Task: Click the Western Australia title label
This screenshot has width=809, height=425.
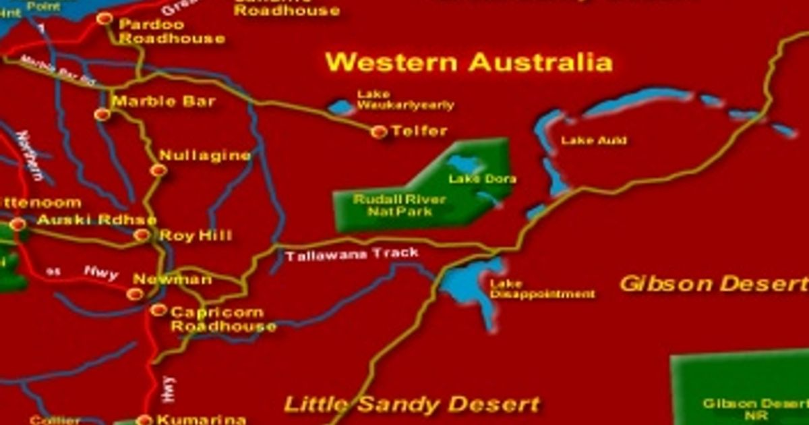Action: click(x=469, y=63)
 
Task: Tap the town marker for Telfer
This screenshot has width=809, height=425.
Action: click(x=379, y=132)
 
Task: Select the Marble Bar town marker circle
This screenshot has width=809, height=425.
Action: click(x=102, y=114)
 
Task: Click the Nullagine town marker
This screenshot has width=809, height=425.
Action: click(x=158, y=170)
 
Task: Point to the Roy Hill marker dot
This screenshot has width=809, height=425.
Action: click(x=142, y=235)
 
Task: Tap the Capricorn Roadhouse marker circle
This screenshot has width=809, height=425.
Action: click(x=158, y=310)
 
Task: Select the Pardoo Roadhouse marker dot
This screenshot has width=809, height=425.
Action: click(x=104, y=19)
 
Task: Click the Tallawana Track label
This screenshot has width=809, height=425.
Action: click(x=351, y=255)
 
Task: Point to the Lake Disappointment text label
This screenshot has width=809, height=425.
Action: click(x=542, y=289)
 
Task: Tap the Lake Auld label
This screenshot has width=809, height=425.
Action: click(x=594, y=140)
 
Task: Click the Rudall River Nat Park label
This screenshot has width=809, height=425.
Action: click(x=390, y=206)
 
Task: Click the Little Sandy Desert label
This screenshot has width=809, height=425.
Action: click(x=412, y=405)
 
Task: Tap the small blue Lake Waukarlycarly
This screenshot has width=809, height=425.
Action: click(x=341, y=107)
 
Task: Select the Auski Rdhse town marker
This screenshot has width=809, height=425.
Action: click(x=18, y=224)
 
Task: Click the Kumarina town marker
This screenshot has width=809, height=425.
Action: click(x=144, y=420)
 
